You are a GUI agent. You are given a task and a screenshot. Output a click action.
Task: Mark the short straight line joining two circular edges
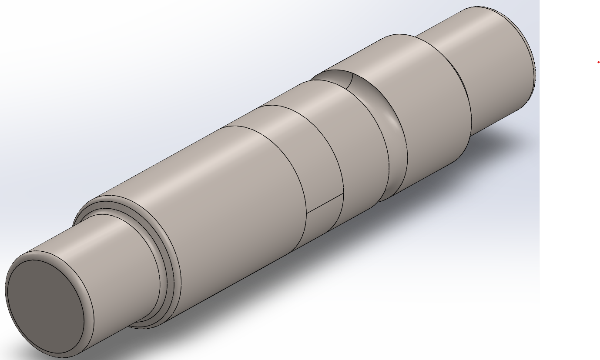[x=325, y=203]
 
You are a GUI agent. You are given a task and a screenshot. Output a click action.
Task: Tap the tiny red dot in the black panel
[x=599, y=63]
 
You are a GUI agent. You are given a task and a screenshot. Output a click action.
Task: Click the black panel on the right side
[x=570, y=217]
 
